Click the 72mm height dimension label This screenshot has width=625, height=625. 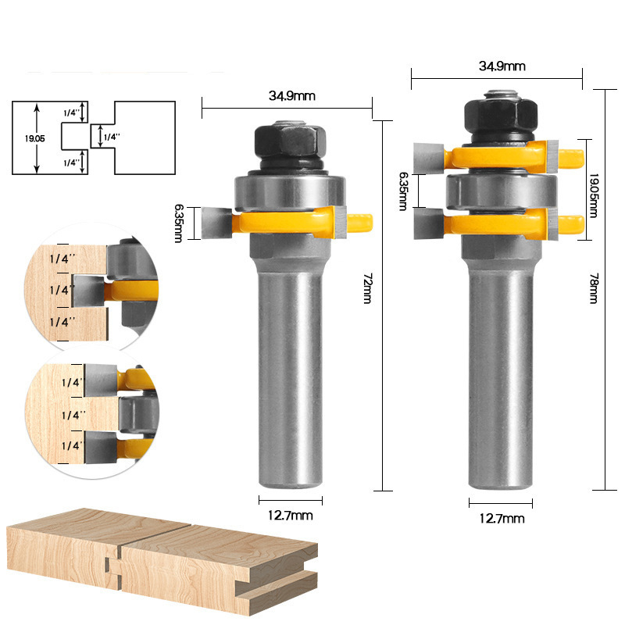tap(367, 288)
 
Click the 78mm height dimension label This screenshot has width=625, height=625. tap(594, 288)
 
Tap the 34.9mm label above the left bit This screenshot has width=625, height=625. tap(291, 96)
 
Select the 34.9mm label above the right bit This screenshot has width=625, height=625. tap(502, 66)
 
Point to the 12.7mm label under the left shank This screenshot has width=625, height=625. tap(290, 516)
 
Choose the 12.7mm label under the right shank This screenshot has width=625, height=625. tap(502, 519)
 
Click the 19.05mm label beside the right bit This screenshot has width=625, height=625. tap(594, 195)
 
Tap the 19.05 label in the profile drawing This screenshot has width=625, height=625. tap(34, 139)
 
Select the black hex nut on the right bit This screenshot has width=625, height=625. tap(501, 115)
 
